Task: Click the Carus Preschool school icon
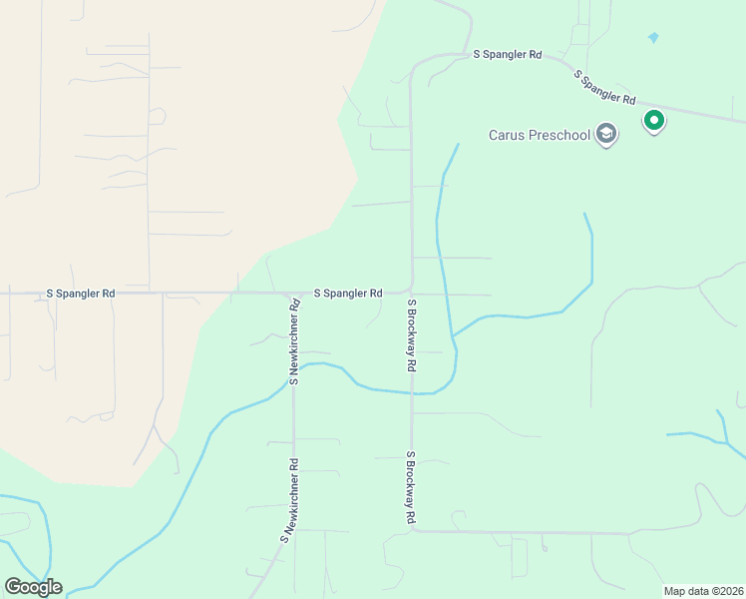click(x=605, y=135)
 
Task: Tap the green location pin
click(x=654, y=122)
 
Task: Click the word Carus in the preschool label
click(x=507, y=136)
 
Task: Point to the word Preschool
click(x=558, y=136)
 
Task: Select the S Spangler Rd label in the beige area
click(x=81, y=294)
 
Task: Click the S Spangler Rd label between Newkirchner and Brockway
click(x=348, y=294)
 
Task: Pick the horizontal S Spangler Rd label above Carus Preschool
click(x=507, y=54)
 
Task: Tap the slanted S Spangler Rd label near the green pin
click(x=604, y=87)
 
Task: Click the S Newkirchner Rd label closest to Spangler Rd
click(x=295, y=341)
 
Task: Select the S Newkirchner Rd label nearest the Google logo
click(x=289, y=500)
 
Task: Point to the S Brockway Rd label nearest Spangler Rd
click(x=411, y=334)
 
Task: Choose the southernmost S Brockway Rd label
click(x=410, y=488)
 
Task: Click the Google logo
click(x=33, y=586)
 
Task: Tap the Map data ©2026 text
click(x=703, y=591)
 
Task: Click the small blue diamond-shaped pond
click(x=653, y=38)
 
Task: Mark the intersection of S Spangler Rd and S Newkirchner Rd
click(x=293, y=294)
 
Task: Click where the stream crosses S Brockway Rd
click(x=411, y=392)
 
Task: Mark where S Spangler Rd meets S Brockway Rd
click(x=410, y=290)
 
